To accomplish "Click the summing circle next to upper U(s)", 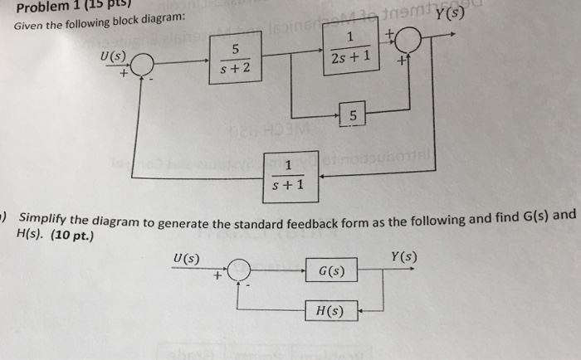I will click(x=143, y=63).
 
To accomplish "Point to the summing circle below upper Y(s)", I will click(x=408, y=40).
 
